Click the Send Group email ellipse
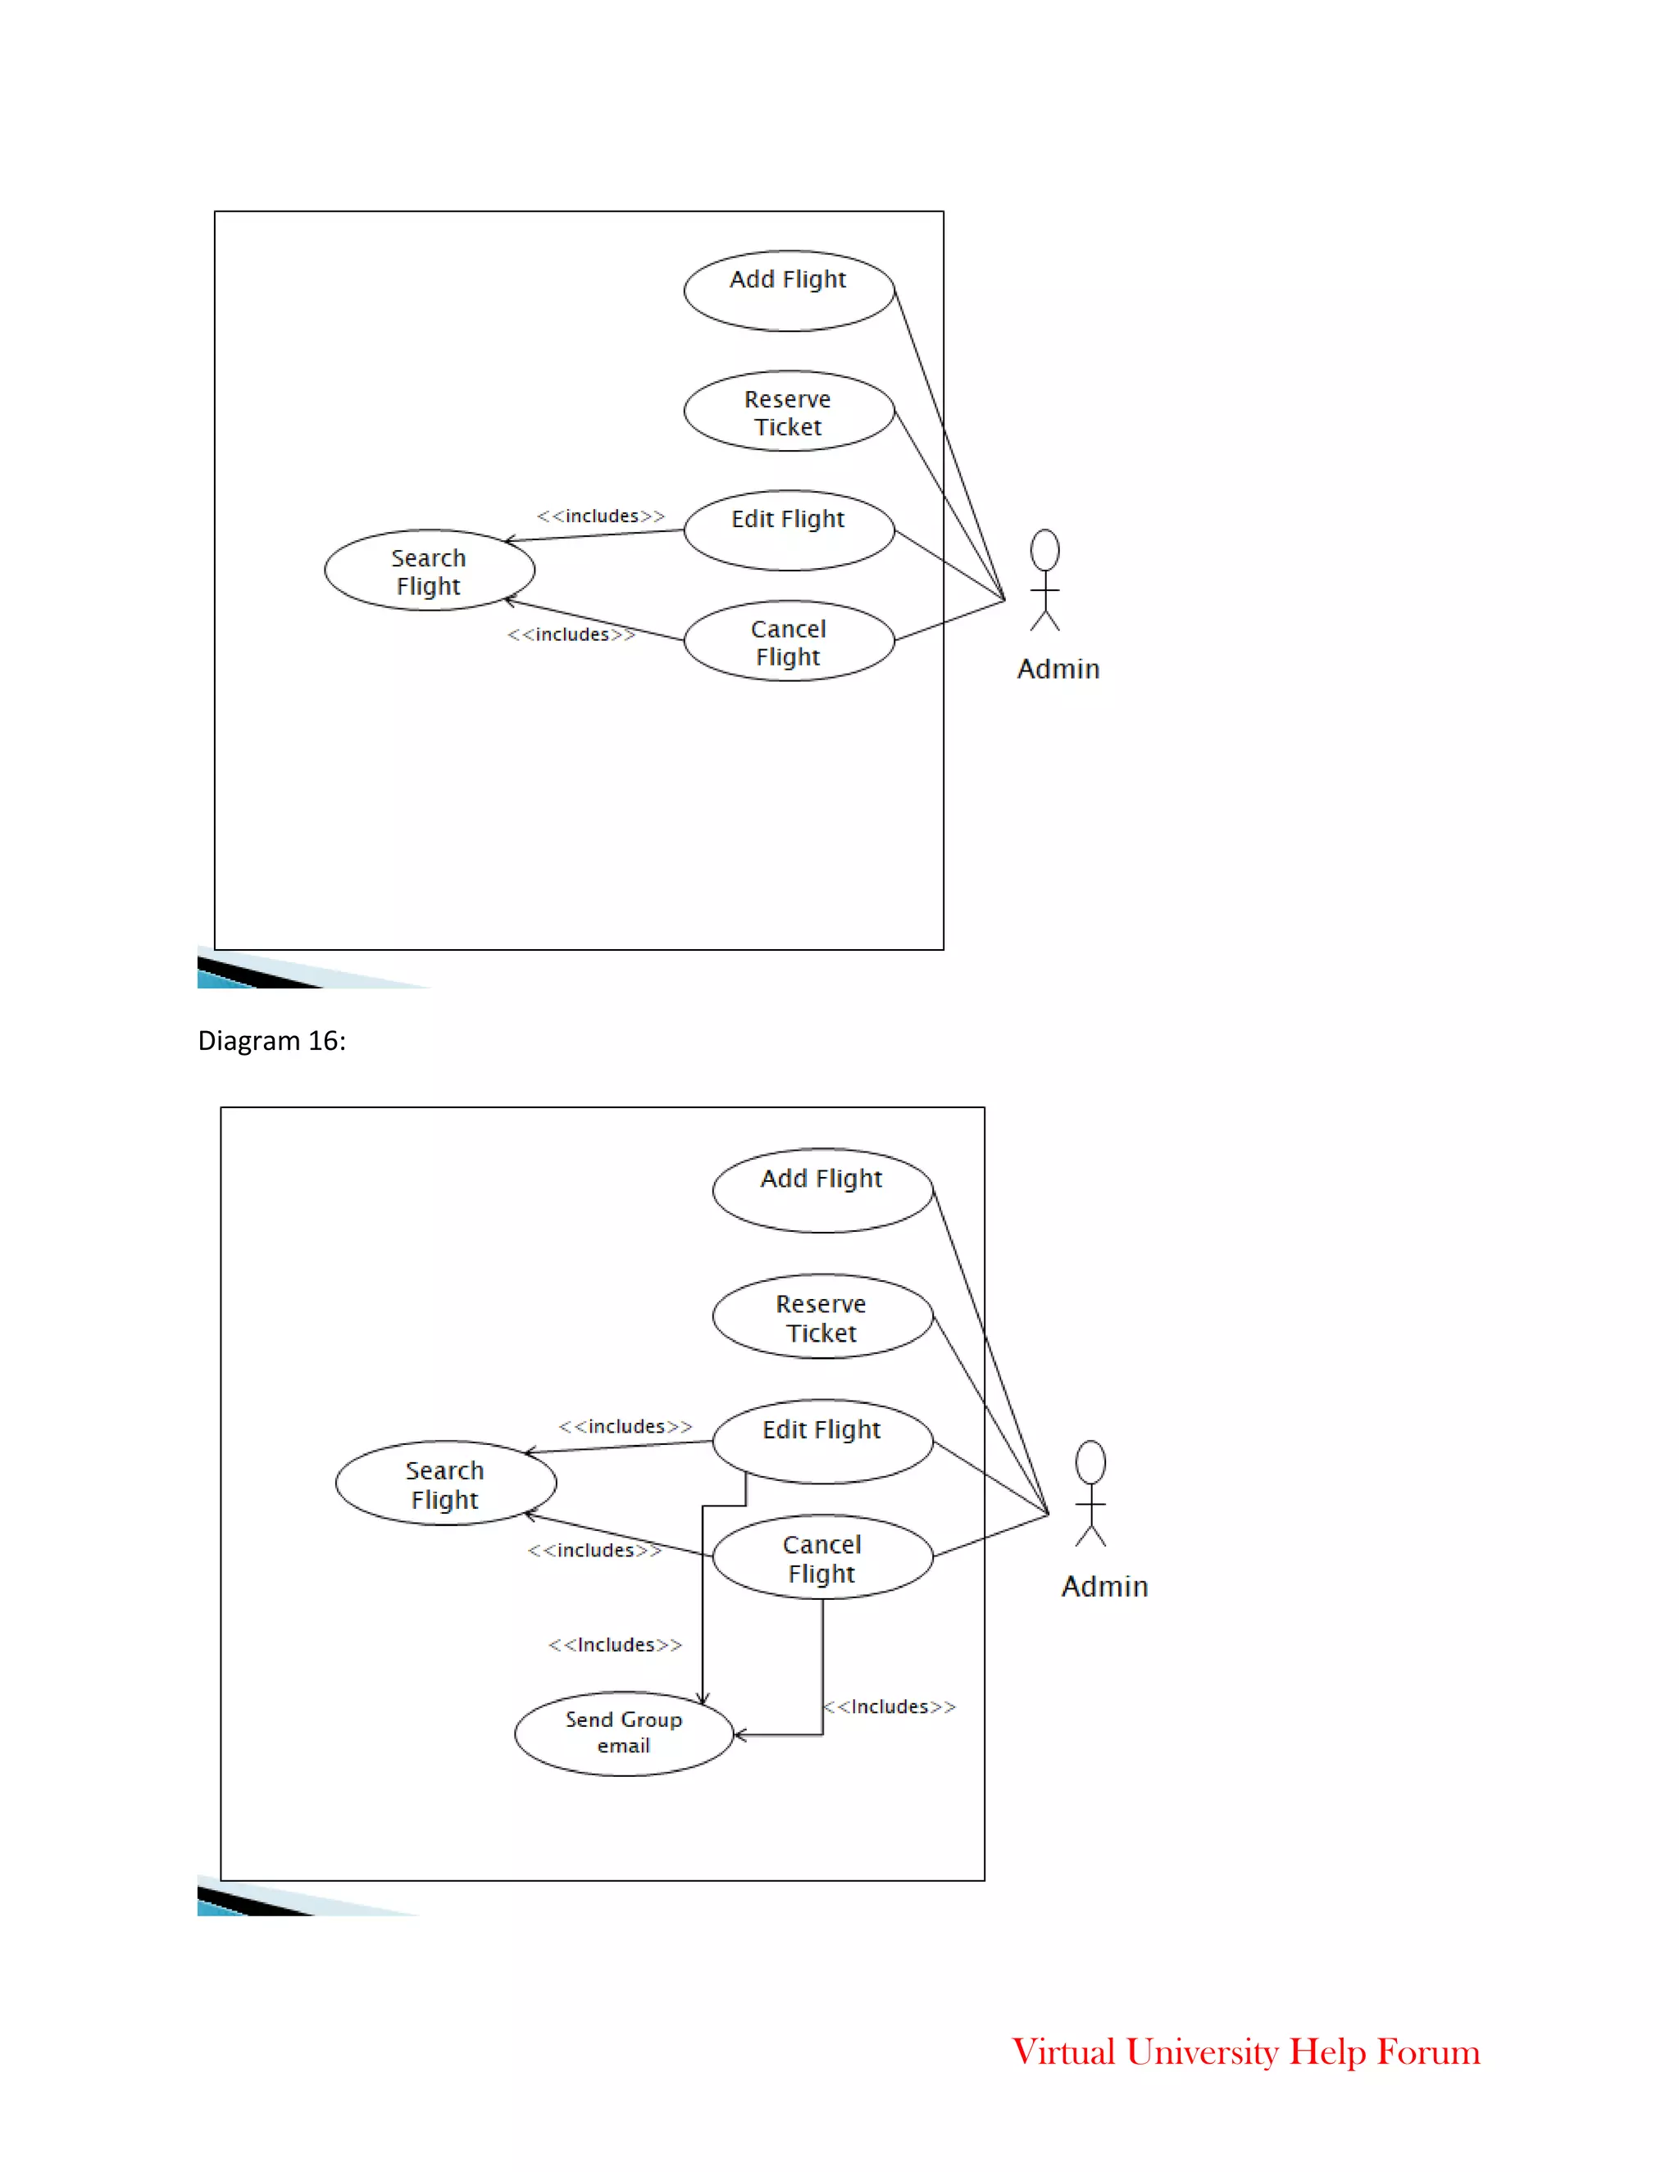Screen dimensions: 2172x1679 coord(624,1734)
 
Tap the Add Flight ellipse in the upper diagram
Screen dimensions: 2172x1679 coord(789,290)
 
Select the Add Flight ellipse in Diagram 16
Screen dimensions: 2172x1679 coord(822,1190)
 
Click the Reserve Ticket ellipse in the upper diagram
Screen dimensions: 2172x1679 coord(789,411)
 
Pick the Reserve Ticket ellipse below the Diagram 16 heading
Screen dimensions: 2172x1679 coord(822,1317)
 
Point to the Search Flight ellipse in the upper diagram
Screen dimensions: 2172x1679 coord(429,570)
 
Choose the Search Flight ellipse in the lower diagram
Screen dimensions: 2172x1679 coord(446,1483)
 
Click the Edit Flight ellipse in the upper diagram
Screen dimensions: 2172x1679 coord(789,530)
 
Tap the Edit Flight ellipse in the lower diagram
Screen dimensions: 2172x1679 coord(822,1441)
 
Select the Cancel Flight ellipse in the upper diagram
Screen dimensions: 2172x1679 coord(789,642)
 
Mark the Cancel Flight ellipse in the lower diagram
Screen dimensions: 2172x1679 coord(822,1557)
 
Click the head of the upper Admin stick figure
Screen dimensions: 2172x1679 coord(1044,550)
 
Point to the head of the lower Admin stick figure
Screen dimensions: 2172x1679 coord(1090,1462)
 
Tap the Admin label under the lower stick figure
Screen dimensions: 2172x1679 coord(1104,1586)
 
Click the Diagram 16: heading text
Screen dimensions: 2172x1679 coord(271,1041)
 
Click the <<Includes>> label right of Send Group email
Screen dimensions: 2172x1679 coord(890,1706)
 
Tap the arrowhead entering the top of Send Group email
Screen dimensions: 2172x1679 coord(703,1698)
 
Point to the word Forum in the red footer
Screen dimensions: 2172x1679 coord(1428,2052)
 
